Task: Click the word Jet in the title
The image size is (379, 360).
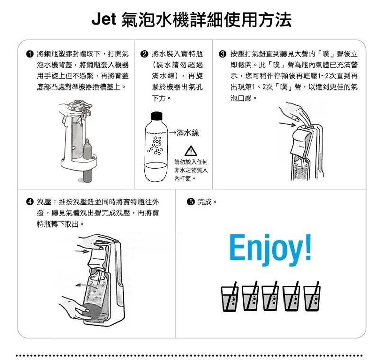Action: [x=104, y=19]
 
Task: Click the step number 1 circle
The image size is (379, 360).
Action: [x=30, y=54]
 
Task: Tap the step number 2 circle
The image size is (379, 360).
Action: [x=144, y=54]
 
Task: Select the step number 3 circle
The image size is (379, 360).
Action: [x=222, y=54]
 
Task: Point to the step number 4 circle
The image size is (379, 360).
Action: [x=30, y=202]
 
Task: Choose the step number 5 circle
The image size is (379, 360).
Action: [x=191, y=202]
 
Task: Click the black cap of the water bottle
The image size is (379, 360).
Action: [x=157, y=116]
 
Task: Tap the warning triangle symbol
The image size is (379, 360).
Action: [x=191, y=151]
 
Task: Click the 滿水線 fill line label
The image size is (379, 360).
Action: [x=187, y=133]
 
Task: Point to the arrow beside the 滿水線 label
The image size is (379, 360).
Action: [x=172, y=133]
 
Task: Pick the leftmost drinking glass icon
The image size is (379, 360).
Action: [x=229, y=297]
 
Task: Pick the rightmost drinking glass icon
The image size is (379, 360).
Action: [x=312, y=296]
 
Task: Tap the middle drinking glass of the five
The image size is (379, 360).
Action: [x=270, y=296]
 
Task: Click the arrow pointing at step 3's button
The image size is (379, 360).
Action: [x=288, y=124]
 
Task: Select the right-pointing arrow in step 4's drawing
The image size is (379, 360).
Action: [x=82, y=251]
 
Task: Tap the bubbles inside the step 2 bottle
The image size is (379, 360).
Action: [x=156, y=145]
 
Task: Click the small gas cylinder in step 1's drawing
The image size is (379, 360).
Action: [x=87, y=149]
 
